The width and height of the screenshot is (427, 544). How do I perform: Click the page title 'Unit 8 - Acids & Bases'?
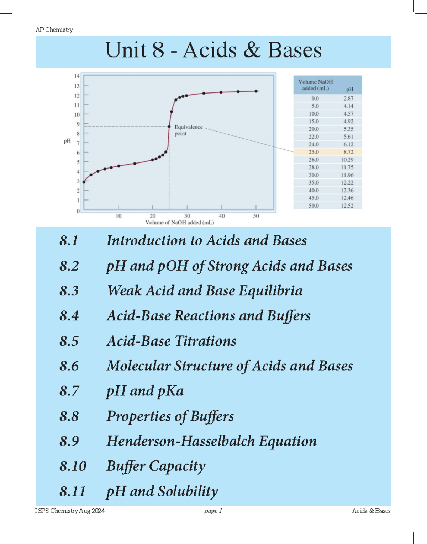pos(213,50)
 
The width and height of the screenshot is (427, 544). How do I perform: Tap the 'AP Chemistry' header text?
pos(54,30)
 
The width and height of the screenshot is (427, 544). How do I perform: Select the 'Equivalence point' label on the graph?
pos(188,130)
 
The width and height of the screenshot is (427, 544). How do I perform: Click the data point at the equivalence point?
pos(169,127)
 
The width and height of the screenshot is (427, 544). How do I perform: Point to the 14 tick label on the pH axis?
pos(77,76)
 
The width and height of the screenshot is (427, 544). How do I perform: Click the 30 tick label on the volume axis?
pos(187,216)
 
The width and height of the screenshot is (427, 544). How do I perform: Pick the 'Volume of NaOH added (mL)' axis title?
pos(180,223)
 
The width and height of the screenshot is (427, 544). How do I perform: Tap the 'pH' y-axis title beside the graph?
pos(67,141)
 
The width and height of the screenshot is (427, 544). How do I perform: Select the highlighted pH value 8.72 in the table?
pos(348,152)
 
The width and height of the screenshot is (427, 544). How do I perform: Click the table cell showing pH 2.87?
pos(348,98)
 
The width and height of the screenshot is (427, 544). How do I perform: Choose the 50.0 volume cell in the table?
pos(313,206)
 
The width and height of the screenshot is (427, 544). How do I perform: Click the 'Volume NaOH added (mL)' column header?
pos(315,85)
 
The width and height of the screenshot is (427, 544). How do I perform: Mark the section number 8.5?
pos(69,341)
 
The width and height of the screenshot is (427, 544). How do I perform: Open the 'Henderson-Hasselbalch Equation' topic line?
pos(211,441)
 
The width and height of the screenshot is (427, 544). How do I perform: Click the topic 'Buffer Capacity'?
pos(156,466)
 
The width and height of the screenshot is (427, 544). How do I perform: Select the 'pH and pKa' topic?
pos(145,391)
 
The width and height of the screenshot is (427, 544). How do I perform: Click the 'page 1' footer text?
pos(213,511)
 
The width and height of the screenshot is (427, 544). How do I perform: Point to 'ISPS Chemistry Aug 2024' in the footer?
pos(70,511)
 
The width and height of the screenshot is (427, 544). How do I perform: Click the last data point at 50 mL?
pos(256,91)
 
